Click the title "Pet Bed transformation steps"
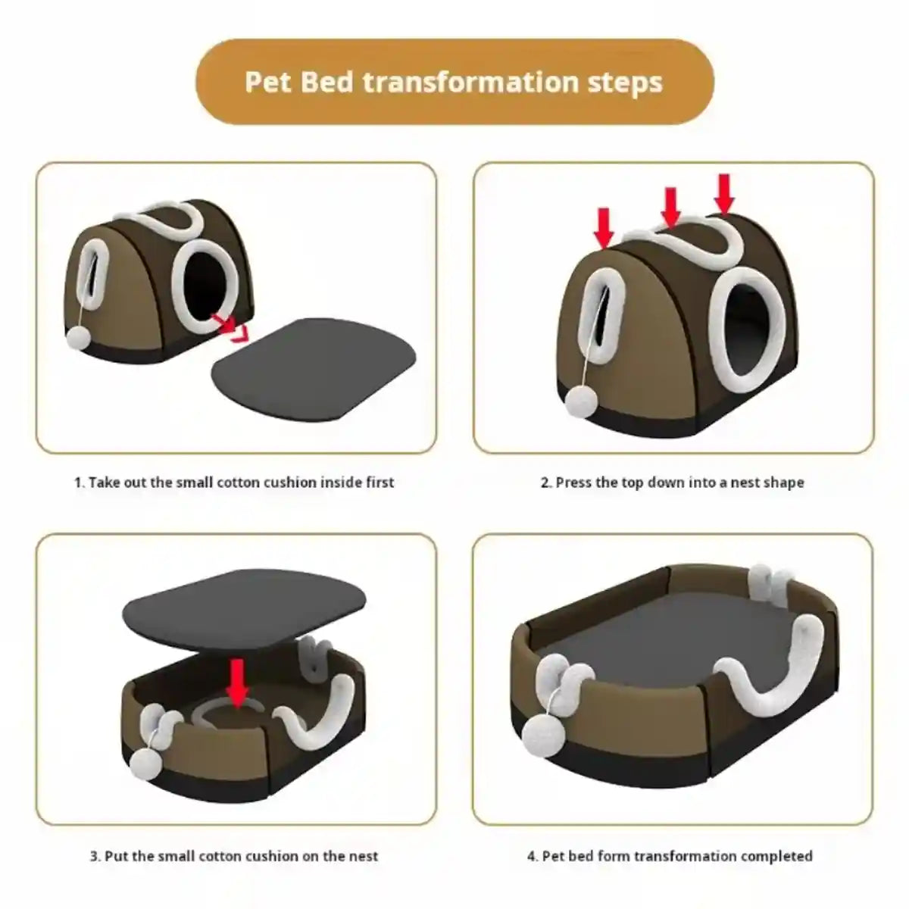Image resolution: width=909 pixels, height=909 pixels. (454, 83)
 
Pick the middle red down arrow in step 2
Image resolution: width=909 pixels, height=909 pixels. (670, 205)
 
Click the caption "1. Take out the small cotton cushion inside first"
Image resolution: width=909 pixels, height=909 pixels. (234, 483)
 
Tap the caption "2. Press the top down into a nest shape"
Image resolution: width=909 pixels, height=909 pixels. (672, 483)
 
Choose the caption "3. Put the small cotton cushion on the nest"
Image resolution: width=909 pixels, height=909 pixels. (234, 857)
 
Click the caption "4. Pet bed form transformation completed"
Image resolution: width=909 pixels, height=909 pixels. (670, 857)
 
